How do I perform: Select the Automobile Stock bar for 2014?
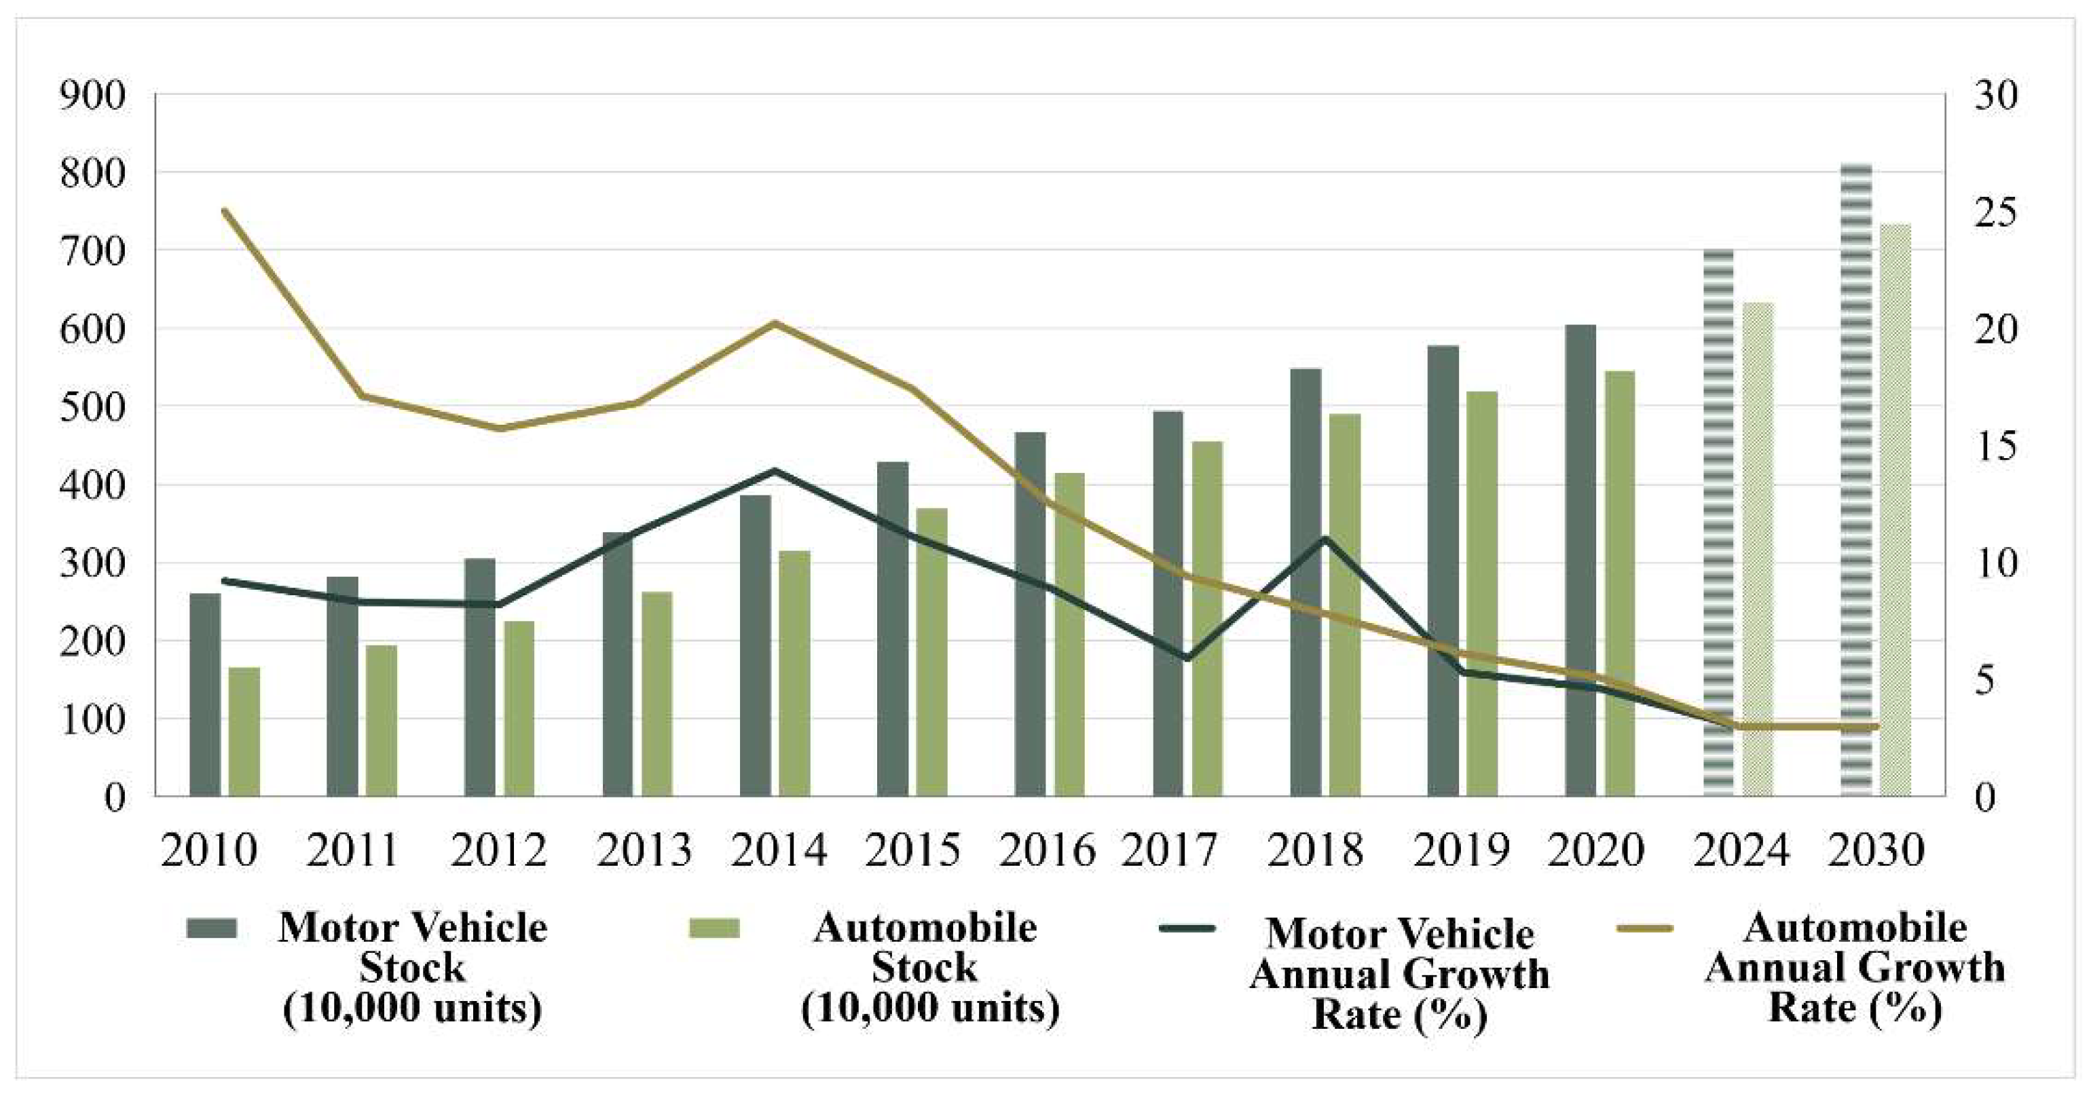[x=795, y=673]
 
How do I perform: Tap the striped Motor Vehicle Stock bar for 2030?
[x=1855, y=478]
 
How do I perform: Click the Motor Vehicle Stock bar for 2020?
[x=1580, y=560]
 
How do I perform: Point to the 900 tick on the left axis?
[x=92, y=96]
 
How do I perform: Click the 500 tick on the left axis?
[x=92, y=407]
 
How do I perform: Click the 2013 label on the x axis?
[x=644, y=850]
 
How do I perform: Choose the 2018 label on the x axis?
[x=1315, y=850]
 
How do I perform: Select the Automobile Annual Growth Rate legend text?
[x=1855, y=967]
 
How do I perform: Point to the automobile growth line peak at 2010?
[x=225, y=210]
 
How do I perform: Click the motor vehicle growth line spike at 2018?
[x=1325, y=538]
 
